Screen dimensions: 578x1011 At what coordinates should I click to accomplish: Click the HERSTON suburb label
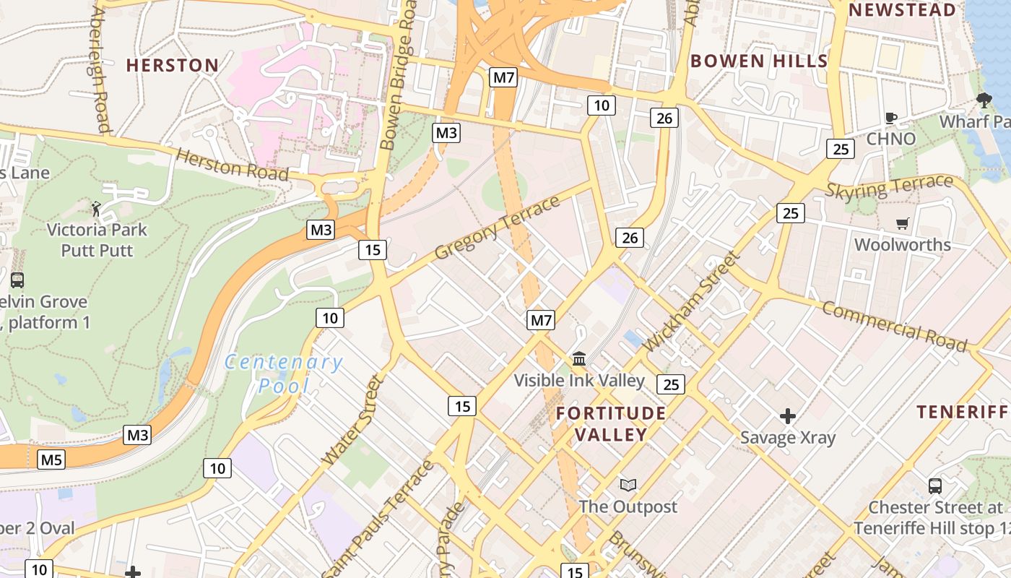pos(173,65)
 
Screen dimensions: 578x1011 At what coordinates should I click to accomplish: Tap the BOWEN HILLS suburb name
pos(759,61)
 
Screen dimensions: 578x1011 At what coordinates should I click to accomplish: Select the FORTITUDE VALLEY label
pos(611,424)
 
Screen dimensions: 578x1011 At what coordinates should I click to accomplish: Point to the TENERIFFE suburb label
pos(963,412)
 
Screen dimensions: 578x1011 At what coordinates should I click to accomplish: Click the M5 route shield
pos(51,460)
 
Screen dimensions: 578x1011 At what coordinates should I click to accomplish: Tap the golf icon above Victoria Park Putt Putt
pos(96,210)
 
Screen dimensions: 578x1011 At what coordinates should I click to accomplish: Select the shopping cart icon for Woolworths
pos(902,224)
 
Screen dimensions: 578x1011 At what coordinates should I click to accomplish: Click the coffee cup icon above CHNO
pos(891,118)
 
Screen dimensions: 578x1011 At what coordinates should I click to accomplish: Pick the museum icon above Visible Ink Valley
pos(579,358)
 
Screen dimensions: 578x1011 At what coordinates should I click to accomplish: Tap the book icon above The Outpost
pos(628,486)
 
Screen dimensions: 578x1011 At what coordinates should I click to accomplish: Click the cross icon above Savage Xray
pos(788,416)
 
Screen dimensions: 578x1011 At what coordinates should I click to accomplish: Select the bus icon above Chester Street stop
pos(935,486)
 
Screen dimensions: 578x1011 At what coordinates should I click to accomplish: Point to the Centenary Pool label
pos(283,374)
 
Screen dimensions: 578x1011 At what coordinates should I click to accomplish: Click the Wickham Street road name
pos(692,301)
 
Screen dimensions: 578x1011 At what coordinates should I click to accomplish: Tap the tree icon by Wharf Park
pos(984,100)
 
